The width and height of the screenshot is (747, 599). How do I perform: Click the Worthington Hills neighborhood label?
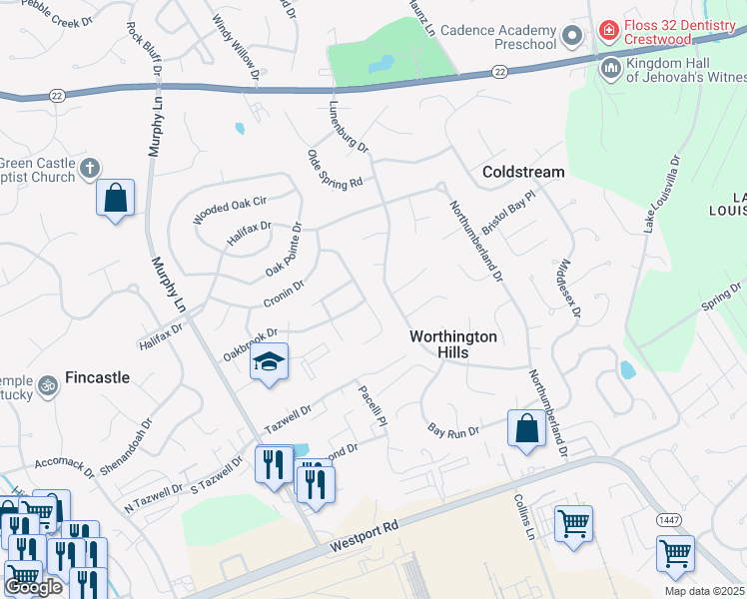[x=453, y=345]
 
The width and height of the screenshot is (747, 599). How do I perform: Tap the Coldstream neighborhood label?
[x=523, y=172]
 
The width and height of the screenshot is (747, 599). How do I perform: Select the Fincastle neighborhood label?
[x=97, y=377]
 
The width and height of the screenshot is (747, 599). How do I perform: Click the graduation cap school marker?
[x=269, y=360]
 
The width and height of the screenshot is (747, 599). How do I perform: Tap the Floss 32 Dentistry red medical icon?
[x=607, y=33]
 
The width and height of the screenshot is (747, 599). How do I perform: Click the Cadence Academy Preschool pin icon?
[x=572, y=38]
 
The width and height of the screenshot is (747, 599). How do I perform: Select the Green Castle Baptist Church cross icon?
[x=90, y=168]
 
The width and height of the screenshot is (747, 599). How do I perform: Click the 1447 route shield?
[x=669, y=520]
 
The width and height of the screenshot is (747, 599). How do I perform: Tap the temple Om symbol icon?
[x=47, y=383]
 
